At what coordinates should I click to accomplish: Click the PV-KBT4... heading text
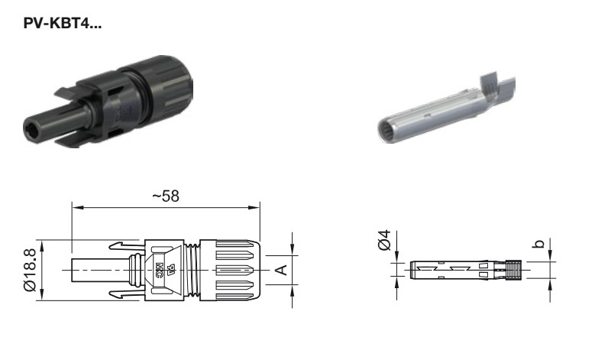[x=63, y=23]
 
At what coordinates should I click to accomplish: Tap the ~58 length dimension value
[x=166, y=196]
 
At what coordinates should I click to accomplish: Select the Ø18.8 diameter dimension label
[x=30, y=270]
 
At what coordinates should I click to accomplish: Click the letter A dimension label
[x=283, y=270]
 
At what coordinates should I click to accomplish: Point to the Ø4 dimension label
[x=385, y=240]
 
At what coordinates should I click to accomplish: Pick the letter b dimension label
[x=539, y=244]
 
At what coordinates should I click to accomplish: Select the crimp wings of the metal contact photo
[x=497, y=87]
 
